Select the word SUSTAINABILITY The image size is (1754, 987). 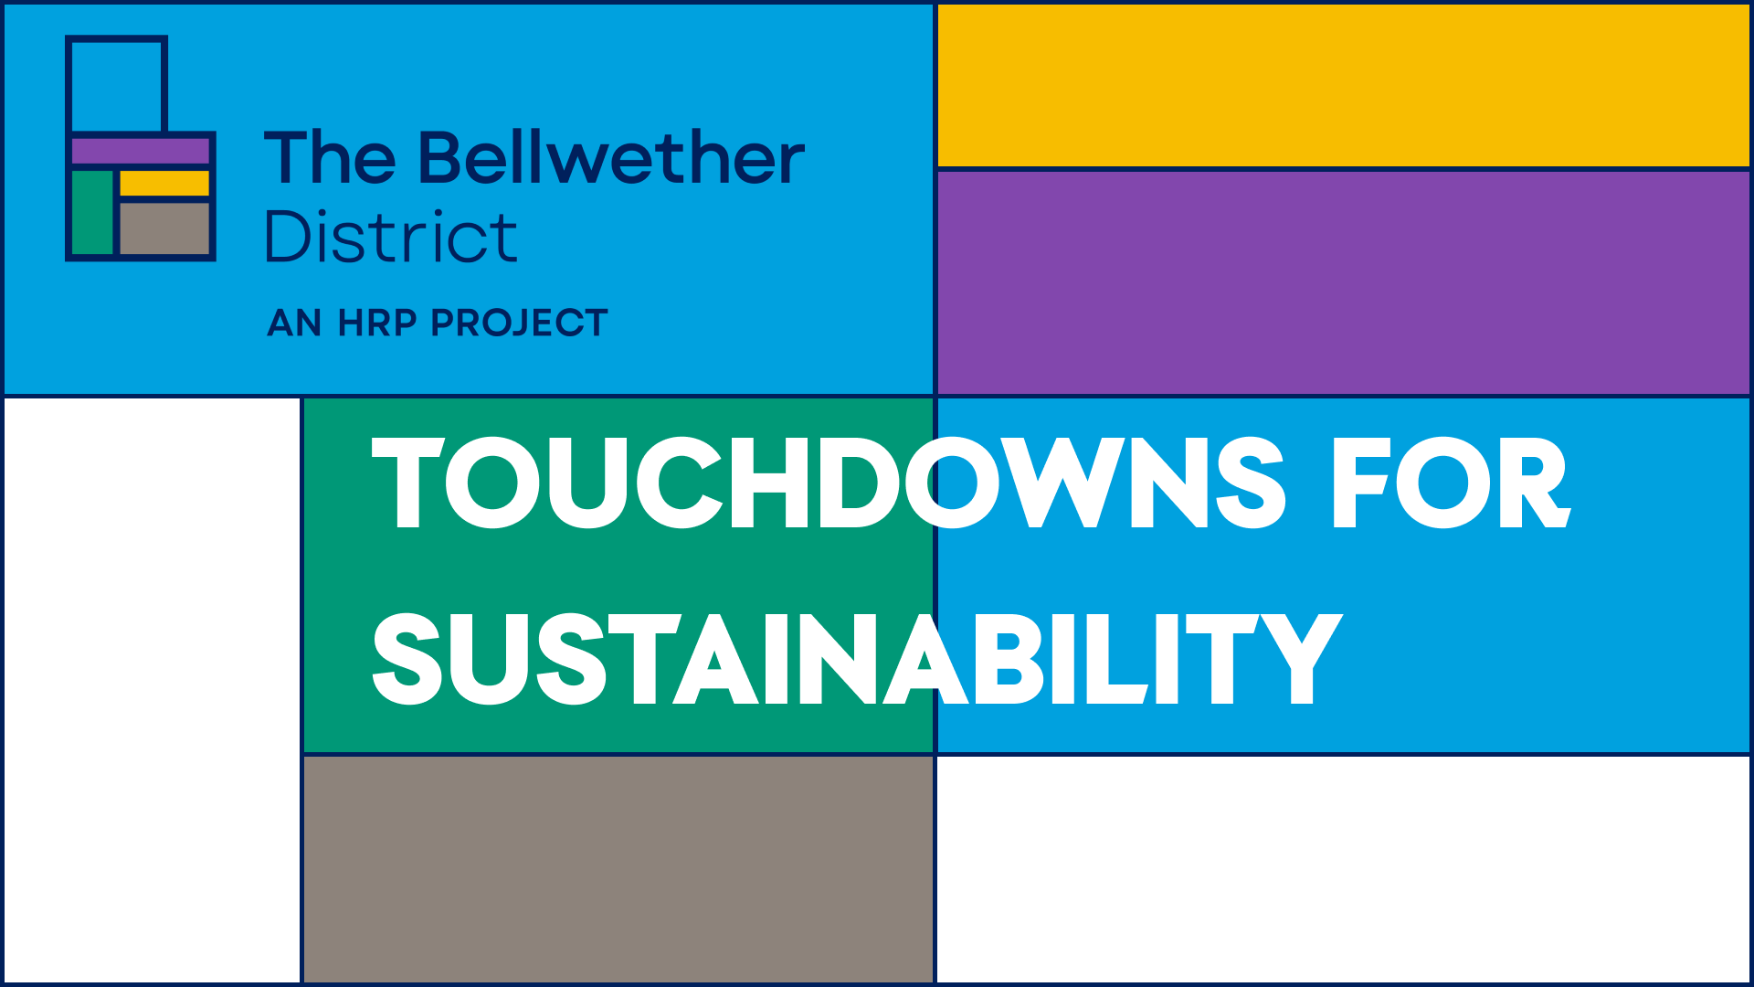pyautogui.click(x=857, y=658)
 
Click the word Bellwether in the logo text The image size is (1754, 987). pyautogui.click(x=611, y=157)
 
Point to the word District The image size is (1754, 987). pyautogui.click(x=391, y=236)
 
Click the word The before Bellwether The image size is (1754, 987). pyautogui.click(x=330, y=157)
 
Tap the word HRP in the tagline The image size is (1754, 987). pyautogui.click(x=377, y=323)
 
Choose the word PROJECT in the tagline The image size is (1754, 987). pyautogui.click(x=519, y=323)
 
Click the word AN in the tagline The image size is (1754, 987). pyautogui.click(x=294, y=323)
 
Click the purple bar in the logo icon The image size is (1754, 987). pyautogui.click(x=141, y=151)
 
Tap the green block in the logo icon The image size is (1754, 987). pyautogui.click(x=92, y=212)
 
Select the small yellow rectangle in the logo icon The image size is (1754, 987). pyautogui.click(x=164, y=183)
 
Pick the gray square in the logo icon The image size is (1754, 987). pyautogui.click(x=164, y=228)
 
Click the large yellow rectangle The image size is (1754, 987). pyautogui.click(x=1343, y=86)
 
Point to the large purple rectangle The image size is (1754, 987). pyautogui.click(x=1343, y=282)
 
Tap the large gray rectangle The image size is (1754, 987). pyautogui.click(x=618, y=869)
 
